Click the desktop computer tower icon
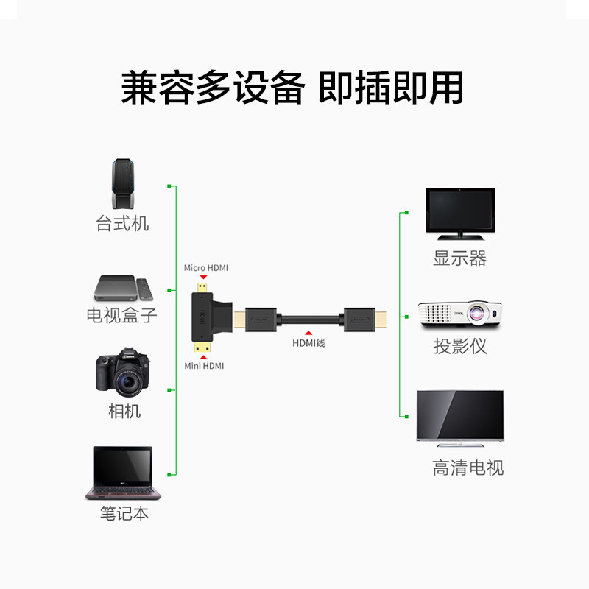[x=122, y=186]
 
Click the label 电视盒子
[x=122, y=316]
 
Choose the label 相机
[x=124, y=412]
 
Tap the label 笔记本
[x=124, y=513]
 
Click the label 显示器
[x=460, y=258]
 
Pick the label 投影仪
[x=460, y=346]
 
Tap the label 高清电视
[x=468, y=468]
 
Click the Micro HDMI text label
[x=206, y=268]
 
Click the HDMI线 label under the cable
[x=308, y=344]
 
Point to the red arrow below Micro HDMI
[x=202, y=278]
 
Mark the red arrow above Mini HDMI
[x=202, y=356]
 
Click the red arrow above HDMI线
[x=308, y=334]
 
